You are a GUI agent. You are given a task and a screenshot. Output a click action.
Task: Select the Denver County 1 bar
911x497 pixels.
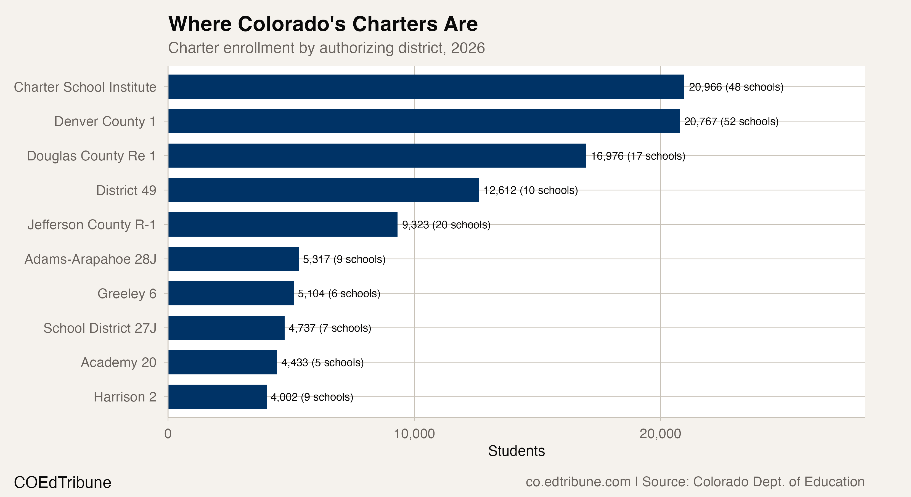[x=424, y=121]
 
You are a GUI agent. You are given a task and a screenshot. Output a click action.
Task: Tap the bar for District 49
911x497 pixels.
[x=323, y=190]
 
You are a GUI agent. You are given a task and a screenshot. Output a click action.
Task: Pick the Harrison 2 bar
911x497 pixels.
[x=217, y=396]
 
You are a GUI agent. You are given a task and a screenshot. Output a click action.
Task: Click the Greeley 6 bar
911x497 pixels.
[x=231, y=293]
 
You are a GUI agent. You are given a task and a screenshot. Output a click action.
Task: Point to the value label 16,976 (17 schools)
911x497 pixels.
[x=638, y=156]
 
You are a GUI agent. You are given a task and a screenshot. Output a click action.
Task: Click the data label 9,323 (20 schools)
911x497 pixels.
[x=446, y=225]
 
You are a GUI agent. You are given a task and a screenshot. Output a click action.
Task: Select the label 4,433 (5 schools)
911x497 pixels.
[x=322, y=363]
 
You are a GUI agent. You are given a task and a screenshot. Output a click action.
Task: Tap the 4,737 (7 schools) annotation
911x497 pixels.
[x=330, y=328]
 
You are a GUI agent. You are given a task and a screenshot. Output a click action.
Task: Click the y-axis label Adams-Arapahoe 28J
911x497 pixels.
[x=90, y=259]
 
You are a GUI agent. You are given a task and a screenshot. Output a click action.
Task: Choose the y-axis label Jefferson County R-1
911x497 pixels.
[x=92, y=225]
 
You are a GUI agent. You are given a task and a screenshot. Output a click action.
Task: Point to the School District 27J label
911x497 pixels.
[x=100, y=328]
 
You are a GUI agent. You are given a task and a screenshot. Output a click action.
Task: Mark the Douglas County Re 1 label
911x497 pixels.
[x=91, y=156]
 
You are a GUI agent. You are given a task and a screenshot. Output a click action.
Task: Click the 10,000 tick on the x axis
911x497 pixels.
[x=414, y=434]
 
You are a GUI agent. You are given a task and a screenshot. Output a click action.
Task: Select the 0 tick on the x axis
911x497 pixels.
[x=168, y=434]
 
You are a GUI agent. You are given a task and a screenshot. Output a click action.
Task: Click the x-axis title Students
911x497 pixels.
[x=516, y=451]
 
